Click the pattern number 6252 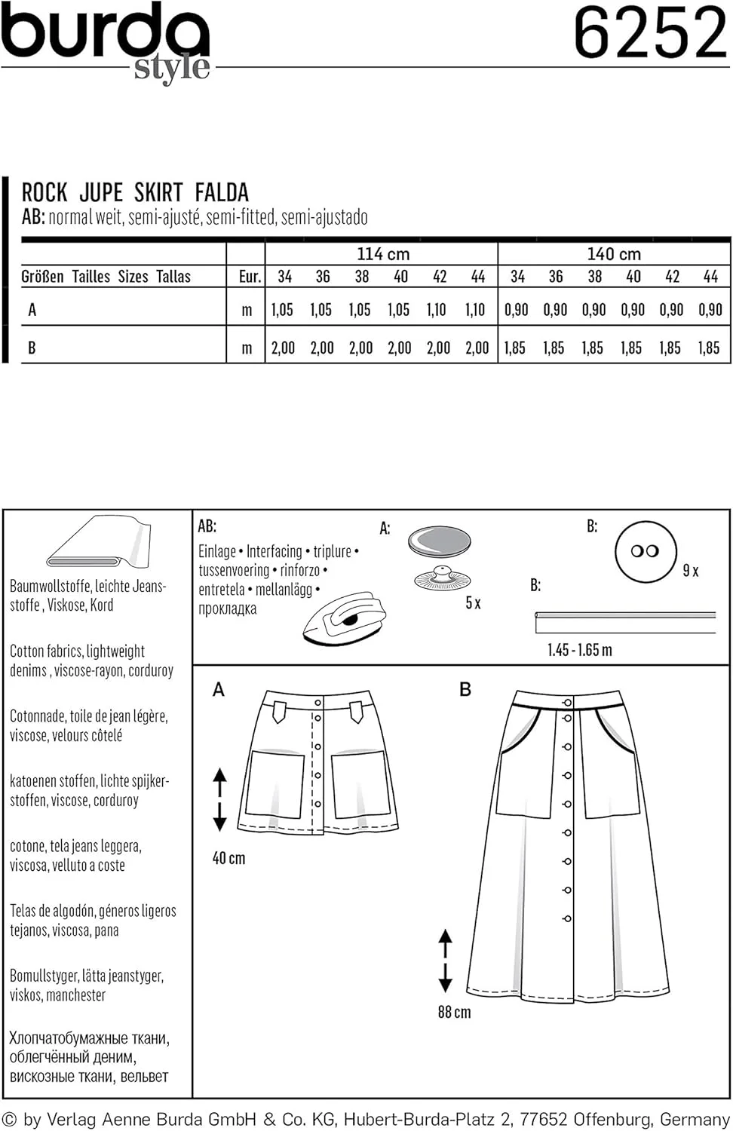tap(650, 33)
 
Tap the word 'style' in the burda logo tap(172, 68)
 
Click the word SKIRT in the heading tap(158, 193)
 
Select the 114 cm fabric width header tap(382, 254)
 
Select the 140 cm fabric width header tap(614, 254)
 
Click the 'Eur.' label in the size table tap(250, 277)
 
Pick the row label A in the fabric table tap(32, 310)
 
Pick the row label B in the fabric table tap(32, 348)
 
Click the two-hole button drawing tap(645, 551)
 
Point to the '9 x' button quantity tap(690, 571)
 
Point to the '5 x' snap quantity tap(473, 602)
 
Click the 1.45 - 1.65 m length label tap(579, 650)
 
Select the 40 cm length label tap(228, 858)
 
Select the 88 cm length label tap(454, 1012)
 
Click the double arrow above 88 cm tap(446, 960)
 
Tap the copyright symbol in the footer tap(9, 1120)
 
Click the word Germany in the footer tap(694, 1120)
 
